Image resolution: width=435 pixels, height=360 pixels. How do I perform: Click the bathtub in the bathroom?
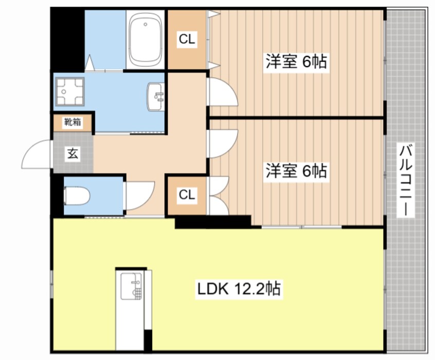pyautogui.click(x=146, y=40)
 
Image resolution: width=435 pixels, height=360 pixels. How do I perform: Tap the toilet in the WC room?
pyautogui.click(x=77, y=196)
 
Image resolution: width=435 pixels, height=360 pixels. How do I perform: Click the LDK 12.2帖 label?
pyautogui.click(x=239, y=289)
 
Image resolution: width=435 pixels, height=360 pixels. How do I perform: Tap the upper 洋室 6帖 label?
pyautogui.click(x=296, y=62)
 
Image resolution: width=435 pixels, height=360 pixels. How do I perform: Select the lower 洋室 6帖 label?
pyautogui.click(x=296, y=170)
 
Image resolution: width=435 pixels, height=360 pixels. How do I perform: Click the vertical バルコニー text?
pyautogui.click(x=406, y=180)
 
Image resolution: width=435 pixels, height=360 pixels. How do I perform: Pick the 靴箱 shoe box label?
pyautogui.click(x=72, y=122)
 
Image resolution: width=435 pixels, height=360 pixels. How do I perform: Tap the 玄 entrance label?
pyautogui.click(x=72, y=153)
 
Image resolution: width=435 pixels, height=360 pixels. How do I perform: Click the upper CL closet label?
pyautogui.click(x=187, y=40)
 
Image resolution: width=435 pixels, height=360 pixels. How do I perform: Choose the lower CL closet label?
pyautogui.click(x=187, y=195)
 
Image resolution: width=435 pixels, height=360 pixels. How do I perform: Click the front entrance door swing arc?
pyautogui.click(x=37, y=154)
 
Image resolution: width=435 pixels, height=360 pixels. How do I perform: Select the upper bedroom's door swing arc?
pyautogui.click(x=221, y=93)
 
